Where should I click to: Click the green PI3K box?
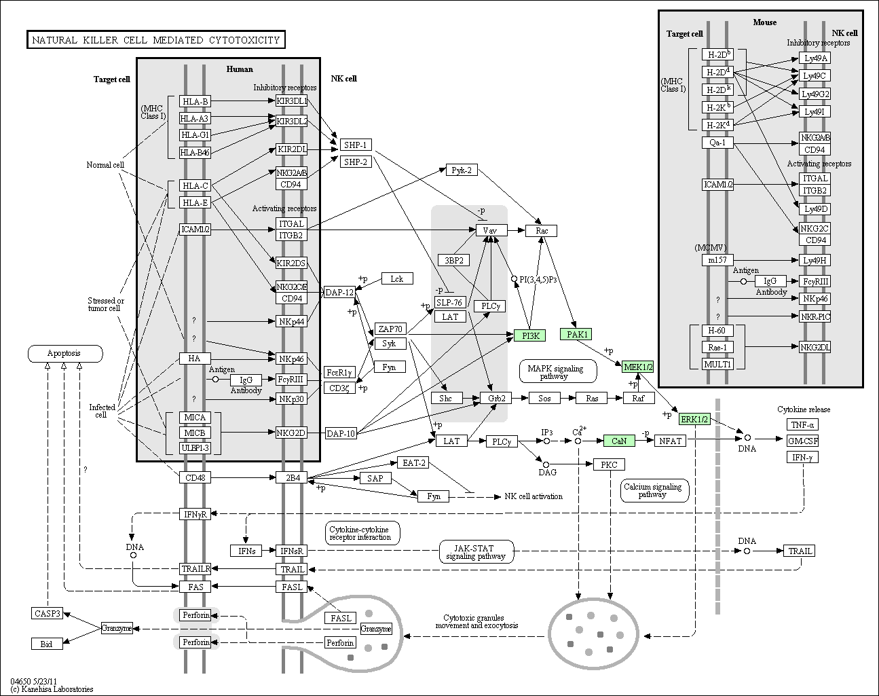(529, 335)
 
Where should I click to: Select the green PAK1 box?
(576, 334)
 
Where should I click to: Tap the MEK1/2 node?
(637, 367)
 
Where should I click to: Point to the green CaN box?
(619, 441)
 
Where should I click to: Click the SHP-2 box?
(356, 162)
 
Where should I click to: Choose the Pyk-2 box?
(462, 170)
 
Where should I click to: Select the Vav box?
(491, 230)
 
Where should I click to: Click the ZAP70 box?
(390, 329)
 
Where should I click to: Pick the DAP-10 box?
(341, 433)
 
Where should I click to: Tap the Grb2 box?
(496, 398)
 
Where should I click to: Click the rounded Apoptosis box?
(65, 354)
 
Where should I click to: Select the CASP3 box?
(47, 613)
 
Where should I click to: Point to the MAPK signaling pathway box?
(558, 371)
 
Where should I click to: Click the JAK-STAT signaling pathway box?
(476, 552)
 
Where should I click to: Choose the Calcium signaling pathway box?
(654, 490)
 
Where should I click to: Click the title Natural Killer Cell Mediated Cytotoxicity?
(156, 39)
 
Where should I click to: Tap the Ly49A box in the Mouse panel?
(815, 58)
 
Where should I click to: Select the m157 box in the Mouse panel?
(717, 260)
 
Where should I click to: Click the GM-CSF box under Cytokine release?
(802, 441)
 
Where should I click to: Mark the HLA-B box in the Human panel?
(195, 101)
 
